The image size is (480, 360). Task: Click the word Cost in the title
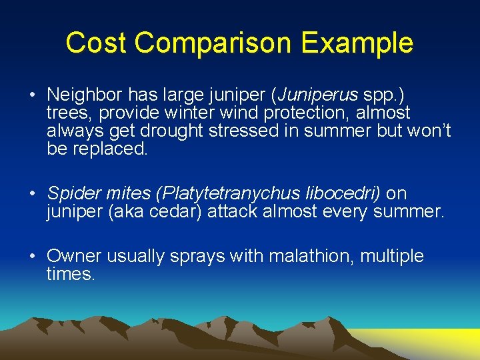[x=96, y=43]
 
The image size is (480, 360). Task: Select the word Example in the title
[x=357, y=44]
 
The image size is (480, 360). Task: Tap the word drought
[x=171, y=131]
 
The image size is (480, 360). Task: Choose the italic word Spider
[x=71, y=194]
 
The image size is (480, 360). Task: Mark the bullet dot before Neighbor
[x=32, y=95]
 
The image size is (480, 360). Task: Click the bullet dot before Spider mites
[x=32, y=193]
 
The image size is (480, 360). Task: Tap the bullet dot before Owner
[x=32, y=256]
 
